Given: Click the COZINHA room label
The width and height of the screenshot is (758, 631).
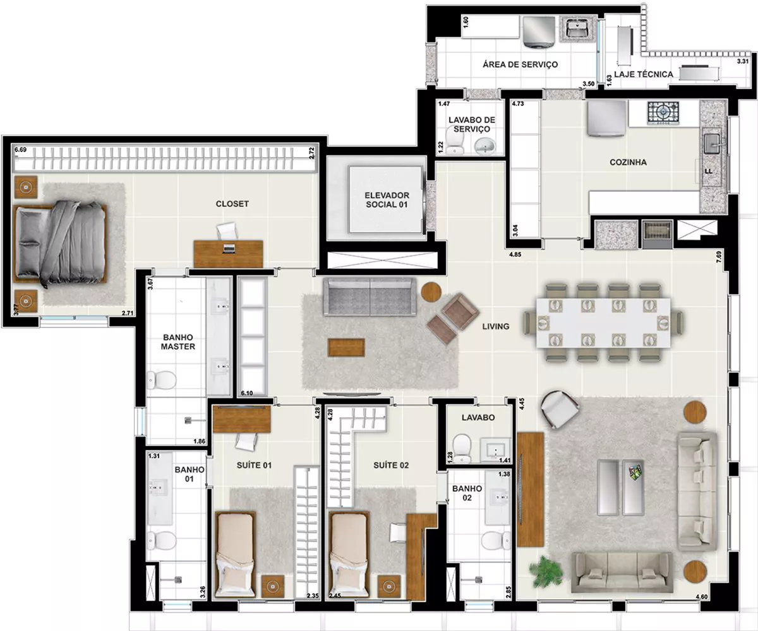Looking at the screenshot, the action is tap(628, 162).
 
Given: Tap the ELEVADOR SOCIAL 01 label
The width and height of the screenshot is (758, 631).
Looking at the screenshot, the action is tap(387, 200).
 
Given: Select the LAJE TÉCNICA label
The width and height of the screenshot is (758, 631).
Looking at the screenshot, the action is tap(644, 74).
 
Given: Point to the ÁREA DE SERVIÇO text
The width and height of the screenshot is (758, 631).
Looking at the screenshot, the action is tap(520, 64).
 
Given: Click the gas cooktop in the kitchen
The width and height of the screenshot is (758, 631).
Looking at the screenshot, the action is tap(663, 113).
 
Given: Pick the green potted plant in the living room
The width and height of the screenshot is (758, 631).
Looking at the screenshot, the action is tap(546, 572).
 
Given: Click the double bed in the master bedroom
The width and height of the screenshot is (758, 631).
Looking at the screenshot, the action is tap(61, 243).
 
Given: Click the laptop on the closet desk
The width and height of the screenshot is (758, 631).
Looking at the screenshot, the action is tap(229, 249).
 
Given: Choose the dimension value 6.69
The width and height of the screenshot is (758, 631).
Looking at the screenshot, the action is tap(20, 150).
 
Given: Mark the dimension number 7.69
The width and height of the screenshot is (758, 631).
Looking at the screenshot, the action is tap(719, 257).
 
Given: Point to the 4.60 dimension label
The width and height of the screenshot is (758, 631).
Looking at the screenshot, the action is tap(702, 597).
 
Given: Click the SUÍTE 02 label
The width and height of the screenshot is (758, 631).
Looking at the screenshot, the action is tap(391, 465).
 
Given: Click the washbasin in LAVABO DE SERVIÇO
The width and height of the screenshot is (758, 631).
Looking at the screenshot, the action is tap(484, 146).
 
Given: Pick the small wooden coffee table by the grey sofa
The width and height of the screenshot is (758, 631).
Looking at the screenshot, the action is tap(346, 348).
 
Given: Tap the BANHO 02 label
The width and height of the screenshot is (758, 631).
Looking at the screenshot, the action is tap(467, 493).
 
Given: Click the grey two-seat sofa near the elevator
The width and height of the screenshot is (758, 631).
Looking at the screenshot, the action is tap(370, 297).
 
